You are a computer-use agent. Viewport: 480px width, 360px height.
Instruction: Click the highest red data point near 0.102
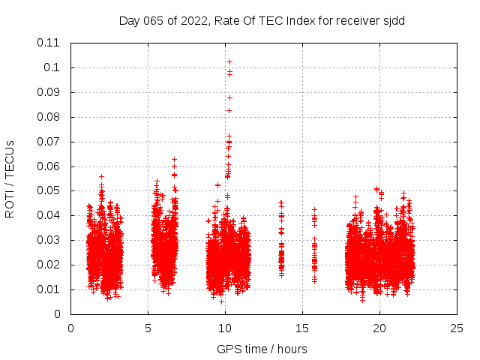tap(229, 61)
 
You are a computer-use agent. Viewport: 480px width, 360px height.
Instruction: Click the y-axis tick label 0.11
tap(49, 43)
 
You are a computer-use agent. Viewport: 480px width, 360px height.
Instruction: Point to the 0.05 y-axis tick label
tap(49, 190)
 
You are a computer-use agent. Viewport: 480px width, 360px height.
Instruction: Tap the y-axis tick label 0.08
tap(49, 117)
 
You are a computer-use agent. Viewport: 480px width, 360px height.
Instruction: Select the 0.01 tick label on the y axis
tap(49, 289)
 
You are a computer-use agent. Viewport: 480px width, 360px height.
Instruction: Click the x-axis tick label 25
tap(457, 328)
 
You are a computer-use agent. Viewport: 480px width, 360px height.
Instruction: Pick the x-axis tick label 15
tap(302, 328)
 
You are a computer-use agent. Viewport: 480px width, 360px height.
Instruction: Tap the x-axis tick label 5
tap(148, 328)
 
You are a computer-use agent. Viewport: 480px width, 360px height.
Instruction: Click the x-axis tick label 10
tap(225, 328)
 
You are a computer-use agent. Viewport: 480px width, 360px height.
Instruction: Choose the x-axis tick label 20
tap(379, 328)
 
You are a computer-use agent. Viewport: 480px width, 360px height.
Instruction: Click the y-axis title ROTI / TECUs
tap(10, 178)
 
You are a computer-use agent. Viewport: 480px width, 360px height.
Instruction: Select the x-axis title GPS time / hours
tap(262, 349)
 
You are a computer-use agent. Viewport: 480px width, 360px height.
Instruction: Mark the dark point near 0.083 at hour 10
tap(229, 110)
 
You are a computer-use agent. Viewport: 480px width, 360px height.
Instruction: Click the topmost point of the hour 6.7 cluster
tap(174, 159)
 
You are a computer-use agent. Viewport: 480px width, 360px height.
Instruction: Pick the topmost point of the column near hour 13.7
tap(281, 202)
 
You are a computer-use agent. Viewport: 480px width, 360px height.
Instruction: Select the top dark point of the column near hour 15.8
tap(315, 209)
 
